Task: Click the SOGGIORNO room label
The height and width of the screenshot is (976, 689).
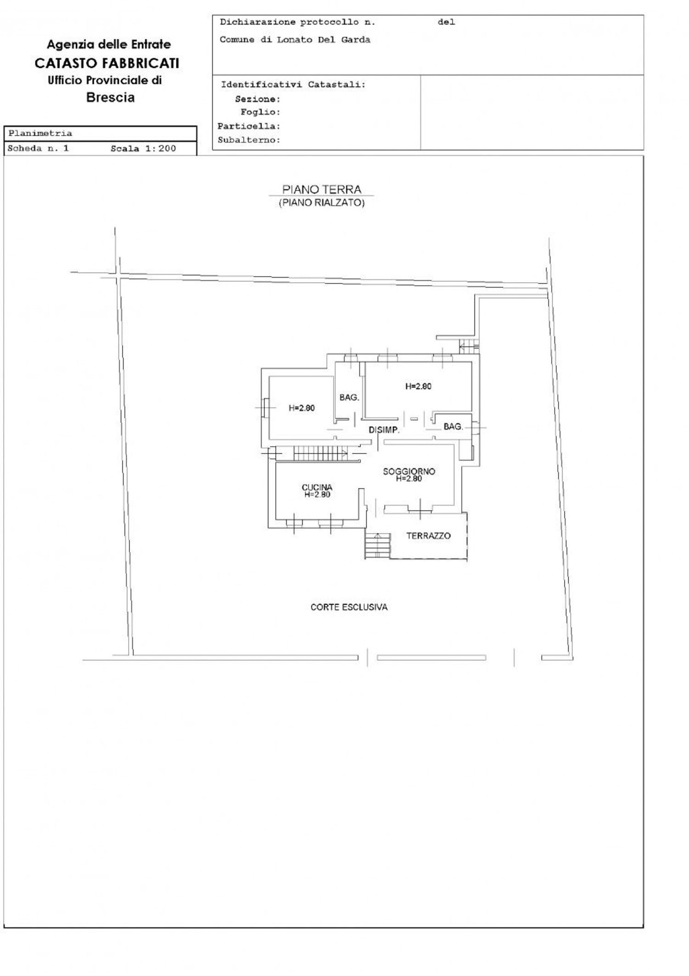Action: pos(409,471)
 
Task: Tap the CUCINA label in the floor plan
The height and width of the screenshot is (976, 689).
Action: pos(317,487)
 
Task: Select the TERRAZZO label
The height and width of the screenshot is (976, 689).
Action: pos(428,536)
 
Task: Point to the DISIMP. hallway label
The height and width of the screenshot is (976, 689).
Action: pos(384,430)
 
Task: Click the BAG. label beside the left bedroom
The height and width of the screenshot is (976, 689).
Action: pos(349,397)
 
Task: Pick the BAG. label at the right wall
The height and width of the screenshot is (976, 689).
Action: pos(453,427)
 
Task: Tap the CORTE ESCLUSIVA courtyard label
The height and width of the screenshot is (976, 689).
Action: pos(349,607)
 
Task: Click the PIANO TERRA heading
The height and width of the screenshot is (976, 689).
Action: pos(322,189)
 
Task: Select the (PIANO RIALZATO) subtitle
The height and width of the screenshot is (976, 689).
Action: pos(322,203)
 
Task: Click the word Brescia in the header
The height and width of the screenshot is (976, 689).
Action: pos(110,97)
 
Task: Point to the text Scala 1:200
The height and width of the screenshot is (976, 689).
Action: pos(143,148)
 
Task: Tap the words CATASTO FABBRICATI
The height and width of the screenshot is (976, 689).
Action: pos(107,63)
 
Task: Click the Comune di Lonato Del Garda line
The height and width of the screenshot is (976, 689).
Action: pos(295,40)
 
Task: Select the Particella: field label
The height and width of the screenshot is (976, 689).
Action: pos(249,126)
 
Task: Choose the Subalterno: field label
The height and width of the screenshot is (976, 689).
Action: pos(249,140)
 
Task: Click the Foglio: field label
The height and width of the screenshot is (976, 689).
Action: pos(260,112)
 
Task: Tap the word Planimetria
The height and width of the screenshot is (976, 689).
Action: pos(40,133)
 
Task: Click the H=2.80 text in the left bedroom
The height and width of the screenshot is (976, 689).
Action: pos(302,408)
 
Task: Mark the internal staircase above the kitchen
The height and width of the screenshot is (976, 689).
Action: pos(321,453)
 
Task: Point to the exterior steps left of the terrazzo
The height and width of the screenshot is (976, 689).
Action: pos(378,545)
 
